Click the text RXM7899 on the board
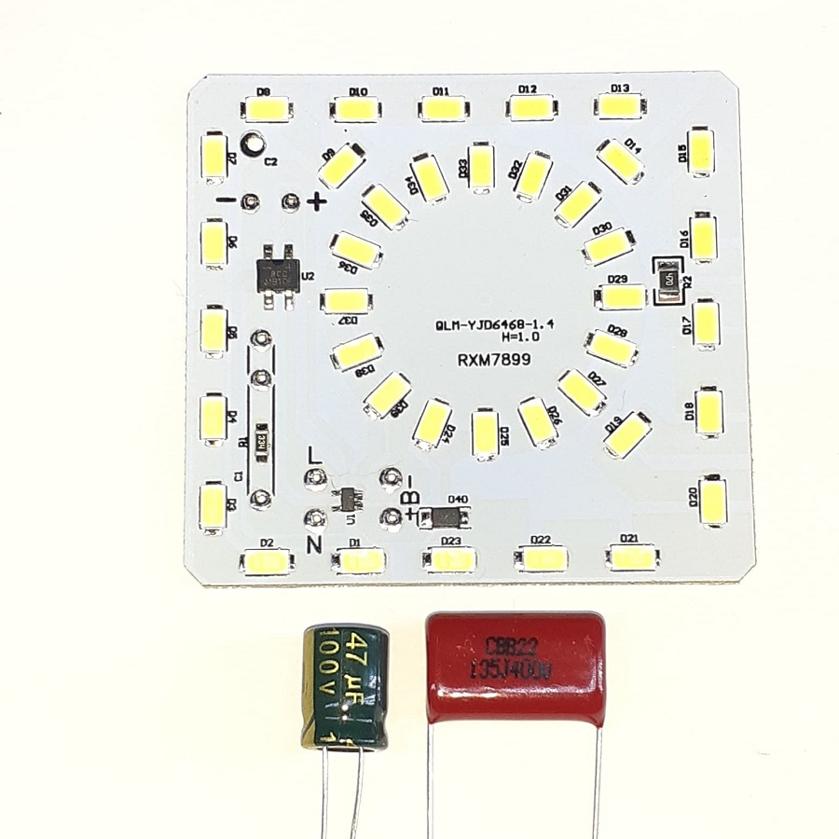[489, 359]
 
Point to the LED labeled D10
[357, 109]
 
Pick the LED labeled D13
[620, 104]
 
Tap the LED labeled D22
[541, 557]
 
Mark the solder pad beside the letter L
[315, 480]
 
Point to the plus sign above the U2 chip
[317, 200]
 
